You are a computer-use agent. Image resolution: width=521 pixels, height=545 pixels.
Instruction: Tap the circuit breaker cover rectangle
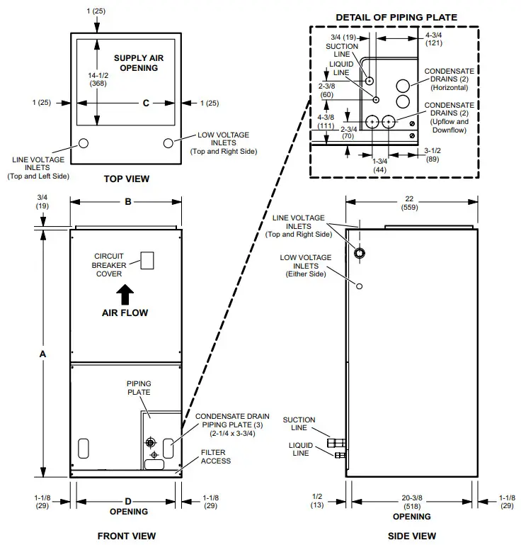(x=147, y=260)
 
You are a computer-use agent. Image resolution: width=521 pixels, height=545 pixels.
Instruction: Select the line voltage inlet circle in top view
(x=83, y=142)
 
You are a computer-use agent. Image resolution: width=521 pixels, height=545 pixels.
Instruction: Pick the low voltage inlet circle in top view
(x=168, y=142)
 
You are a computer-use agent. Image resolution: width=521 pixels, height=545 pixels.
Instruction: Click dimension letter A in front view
(x=44, y=353)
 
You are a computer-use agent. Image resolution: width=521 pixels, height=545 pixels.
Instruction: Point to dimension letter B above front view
(x=128, y=202)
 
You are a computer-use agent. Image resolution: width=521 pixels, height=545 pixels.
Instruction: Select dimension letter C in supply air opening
(x=146, y=103)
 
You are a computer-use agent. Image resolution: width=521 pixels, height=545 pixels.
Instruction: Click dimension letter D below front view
(x=128, y=501)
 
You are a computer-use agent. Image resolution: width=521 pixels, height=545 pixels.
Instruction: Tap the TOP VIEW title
(x=126, y=179)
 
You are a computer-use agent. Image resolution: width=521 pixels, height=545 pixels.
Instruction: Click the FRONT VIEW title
(x=126, y=536)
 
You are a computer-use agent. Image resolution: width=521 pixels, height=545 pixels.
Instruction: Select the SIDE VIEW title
(x=412, y=536)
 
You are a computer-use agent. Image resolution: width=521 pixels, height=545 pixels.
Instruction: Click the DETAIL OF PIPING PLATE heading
(x=396, y=17)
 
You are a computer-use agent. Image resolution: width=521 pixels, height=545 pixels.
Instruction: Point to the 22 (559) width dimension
(x=411, y=204)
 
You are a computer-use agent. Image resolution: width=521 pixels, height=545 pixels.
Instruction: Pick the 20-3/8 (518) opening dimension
(x=412, y=501)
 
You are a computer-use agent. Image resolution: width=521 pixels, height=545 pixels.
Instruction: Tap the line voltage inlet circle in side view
(x=360, y=253)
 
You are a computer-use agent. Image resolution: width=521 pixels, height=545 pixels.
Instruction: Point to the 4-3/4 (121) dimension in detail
(x=434, y=39)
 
